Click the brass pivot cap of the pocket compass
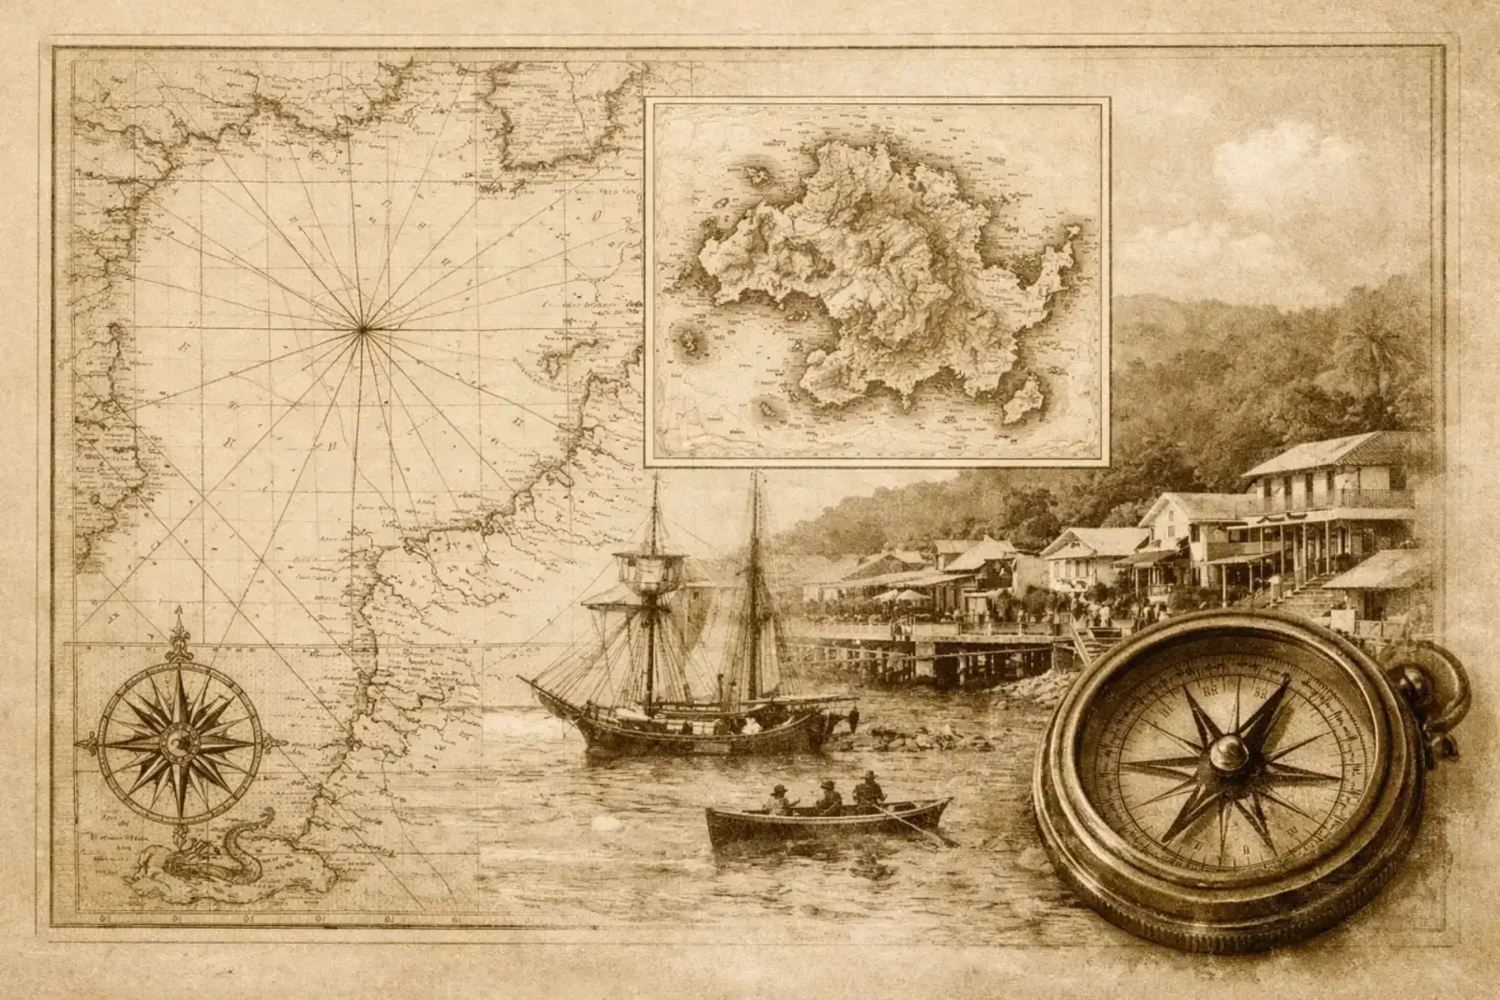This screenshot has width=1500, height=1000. (1229, 750)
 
